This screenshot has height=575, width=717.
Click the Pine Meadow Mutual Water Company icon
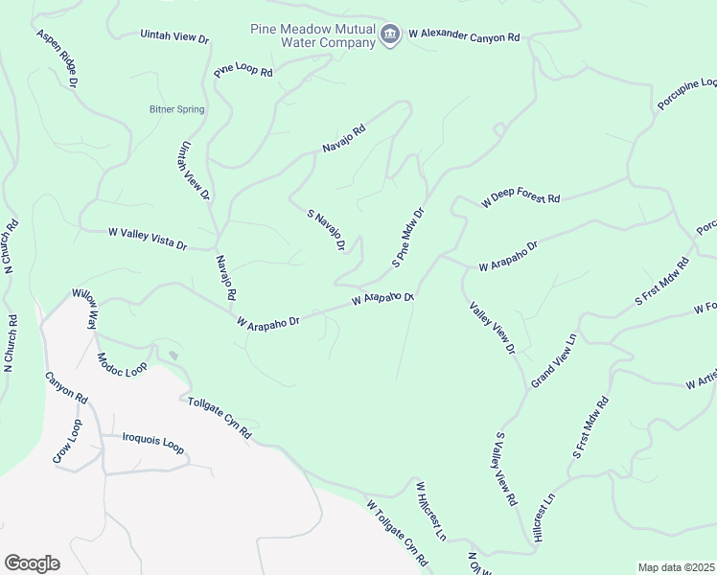pyautogui.click(x=390, y=35)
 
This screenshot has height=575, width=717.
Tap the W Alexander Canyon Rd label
pyautogui.click(x=464, y=35)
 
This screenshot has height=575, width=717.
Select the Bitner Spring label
pyautogui.click(x=176, y=109)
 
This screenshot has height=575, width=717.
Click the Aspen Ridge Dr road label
pyautogui.click(x=57, y=57)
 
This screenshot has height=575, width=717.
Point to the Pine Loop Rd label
pyautogui.click(x=243, y=71)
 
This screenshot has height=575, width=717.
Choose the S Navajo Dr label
pyautogui.click(x=325, y=231)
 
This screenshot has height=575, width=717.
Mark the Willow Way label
pyautogui.click(x=85, y=310)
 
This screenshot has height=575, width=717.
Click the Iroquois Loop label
pyautogui.click(x=152, y=442)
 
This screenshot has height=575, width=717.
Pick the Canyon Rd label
pyautogui.click(x=66, y=386)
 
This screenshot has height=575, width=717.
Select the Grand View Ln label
pyautogui.click(x=553, y=360)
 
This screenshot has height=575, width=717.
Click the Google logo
pyautogui.click(x=32, y=563)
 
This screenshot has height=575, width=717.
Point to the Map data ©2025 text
pyautogui.click(x=677, y=567)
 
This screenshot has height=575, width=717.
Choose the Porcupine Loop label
pyautogui.click(x=687, y=95)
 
